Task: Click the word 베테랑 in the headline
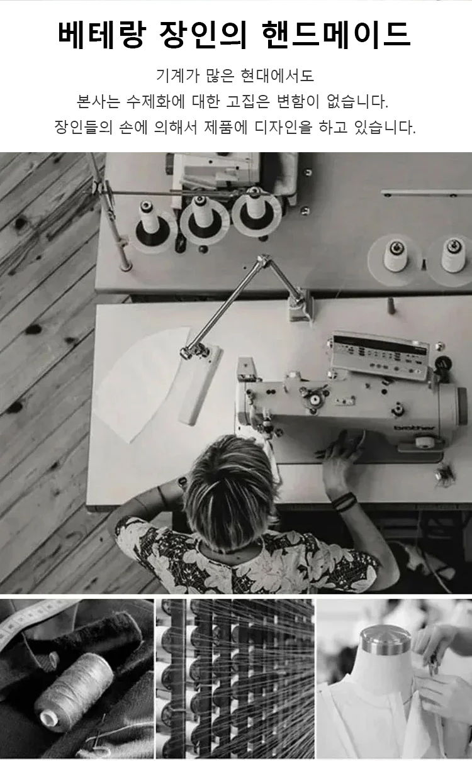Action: click(x=101, y=34)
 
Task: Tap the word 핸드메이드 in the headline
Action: click(x=336, y=34)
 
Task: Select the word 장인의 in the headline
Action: click(x=203, y=34)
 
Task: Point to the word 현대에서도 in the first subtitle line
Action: click(x=276, y=75)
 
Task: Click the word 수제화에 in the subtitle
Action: click(x=155, y=101)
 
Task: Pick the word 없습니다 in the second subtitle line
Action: click(x=357, y=101)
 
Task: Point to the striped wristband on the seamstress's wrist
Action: click(x=344, y=502)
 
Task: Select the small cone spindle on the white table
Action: click(x=391, y=306)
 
